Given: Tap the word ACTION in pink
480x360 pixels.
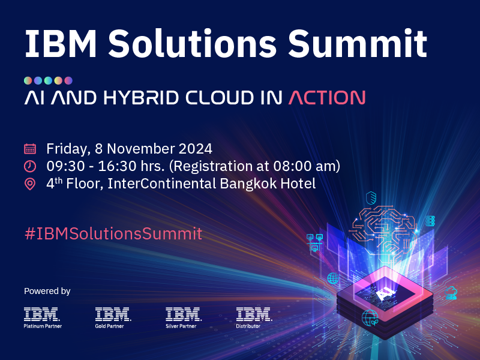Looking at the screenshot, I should pyautogui.click(x=326, y=98).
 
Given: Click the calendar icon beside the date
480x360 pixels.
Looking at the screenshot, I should pyautogui.click(x=30, y=148).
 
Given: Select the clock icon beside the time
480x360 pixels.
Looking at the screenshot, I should pyautogui.click(x=30, y=166).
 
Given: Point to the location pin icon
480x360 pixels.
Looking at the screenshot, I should pyautogui.click(x=30, y=184).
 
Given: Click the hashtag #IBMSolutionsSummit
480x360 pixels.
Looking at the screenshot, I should pyautogui.click(x=113, y=233).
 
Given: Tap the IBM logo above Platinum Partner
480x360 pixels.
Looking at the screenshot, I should pyautogui.click(x=41, y=314).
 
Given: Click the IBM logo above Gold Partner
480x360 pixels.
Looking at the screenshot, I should pyautogui.click(x=112, y=314).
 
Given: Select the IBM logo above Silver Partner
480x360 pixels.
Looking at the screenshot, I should pyautogui.click(x=183, y=314).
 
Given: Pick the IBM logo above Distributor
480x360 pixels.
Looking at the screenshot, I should pyautogui.click(x=254, y=314).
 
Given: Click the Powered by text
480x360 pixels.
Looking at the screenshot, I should pyautogui.click(x=47, y=291).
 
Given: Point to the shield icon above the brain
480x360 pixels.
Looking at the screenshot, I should pyautogui.click(x=371, y=197).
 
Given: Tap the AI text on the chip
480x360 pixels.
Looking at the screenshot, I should pyautogui.click(x=385, y=292).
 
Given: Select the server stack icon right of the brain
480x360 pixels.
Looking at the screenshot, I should pyautogui.click(x=430, y=221).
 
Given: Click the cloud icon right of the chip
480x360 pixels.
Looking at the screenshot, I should pyautogui.click(x=451, y=293).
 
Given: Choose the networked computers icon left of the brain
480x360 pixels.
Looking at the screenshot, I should pyautogui.click(x=314, y=241).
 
